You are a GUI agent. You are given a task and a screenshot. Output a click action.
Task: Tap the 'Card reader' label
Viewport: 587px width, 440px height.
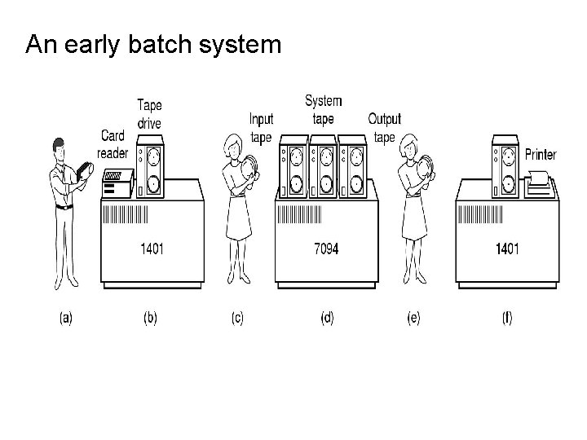113,144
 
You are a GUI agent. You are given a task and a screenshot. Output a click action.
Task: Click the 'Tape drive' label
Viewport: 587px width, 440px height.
149,114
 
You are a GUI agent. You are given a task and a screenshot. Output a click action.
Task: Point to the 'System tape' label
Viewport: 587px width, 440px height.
324,110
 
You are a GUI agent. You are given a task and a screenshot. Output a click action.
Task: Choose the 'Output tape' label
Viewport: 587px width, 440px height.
384,128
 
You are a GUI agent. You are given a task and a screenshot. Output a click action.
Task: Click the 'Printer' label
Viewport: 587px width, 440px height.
541,153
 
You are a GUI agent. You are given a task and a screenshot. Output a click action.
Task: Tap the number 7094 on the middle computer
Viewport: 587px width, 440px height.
326,248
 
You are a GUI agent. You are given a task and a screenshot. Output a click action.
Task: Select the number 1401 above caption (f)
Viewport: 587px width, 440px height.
506,248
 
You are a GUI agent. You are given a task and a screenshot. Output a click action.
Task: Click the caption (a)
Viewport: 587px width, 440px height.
66,319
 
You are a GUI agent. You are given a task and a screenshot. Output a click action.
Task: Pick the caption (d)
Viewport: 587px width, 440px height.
326,319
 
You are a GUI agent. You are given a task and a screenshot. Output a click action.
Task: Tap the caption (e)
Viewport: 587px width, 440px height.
413,319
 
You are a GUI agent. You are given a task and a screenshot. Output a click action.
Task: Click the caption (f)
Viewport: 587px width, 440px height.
506,319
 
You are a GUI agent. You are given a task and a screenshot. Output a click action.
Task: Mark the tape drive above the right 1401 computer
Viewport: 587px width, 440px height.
506,169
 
